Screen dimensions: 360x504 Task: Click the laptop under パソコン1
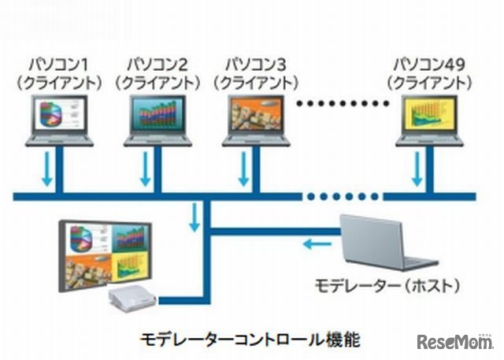point(59,121)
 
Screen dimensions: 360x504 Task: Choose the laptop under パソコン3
point(254,121)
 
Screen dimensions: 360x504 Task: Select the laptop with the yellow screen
point(429,121)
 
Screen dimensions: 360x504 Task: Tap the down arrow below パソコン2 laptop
point(145,169)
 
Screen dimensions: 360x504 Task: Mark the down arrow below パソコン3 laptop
point(243,169)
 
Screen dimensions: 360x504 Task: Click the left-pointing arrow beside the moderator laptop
point(320,243)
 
